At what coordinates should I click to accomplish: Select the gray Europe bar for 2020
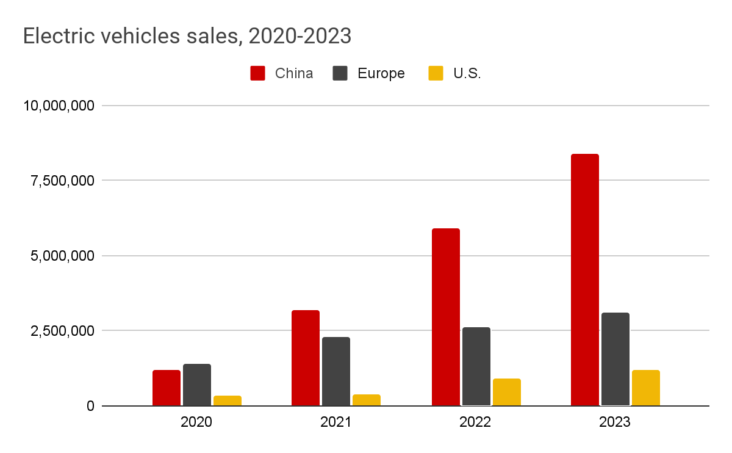197,385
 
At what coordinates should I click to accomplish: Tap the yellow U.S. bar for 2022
506,392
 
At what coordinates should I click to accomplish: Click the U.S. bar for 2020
228,400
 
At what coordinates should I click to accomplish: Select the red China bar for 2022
445,317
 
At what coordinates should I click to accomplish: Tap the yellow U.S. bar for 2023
645,388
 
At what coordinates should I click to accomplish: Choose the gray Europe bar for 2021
336,371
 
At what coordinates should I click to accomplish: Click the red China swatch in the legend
257,74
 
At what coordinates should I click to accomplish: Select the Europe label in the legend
381,74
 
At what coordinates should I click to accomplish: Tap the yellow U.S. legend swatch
436,74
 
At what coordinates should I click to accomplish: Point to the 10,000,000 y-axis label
59,106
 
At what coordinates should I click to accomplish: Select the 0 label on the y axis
89,406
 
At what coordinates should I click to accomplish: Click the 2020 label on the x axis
196,422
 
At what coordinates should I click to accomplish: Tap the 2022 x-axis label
475,422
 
